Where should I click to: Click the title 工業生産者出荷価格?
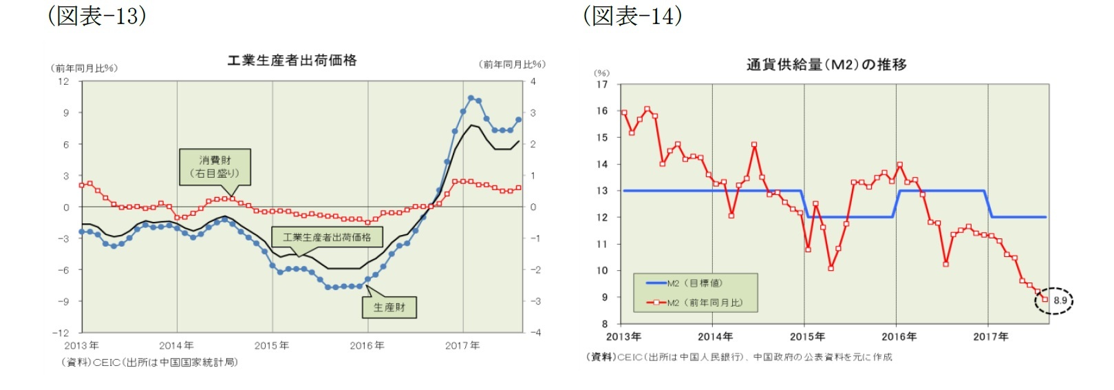coord(292,61)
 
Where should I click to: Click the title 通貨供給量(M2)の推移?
coord(826,65)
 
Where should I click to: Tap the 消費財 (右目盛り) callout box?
coord(215,167)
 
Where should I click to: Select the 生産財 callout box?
coord(389,307)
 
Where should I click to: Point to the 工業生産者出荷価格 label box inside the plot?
coord(327,237)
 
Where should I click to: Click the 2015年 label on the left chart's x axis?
coord(272,346)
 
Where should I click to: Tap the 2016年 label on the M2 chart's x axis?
coord(899,337)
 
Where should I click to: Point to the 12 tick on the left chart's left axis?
coord(64,81)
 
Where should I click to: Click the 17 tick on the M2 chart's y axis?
coord(602,85)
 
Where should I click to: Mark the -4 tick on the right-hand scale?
coord(535,333)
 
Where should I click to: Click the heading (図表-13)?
coord(97,16)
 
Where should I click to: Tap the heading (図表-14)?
coord(632,16)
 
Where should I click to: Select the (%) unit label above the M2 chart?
coord(601,73)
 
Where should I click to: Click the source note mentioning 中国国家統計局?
coord(150,362)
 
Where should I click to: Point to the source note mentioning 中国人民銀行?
coord(739,357)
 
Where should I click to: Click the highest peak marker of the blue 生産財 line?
coord(471,98)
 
